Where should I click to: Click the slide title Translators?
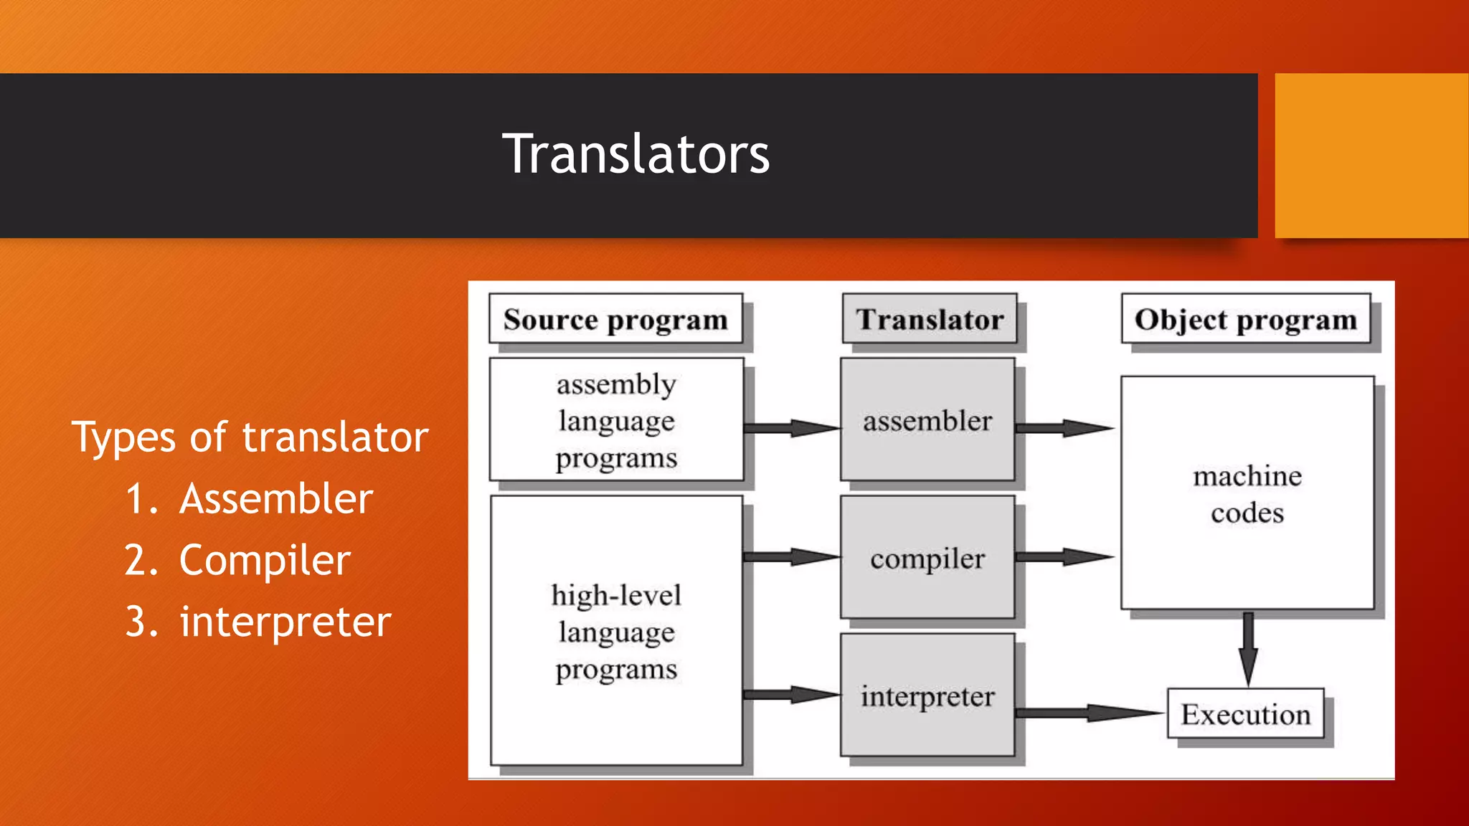coord(636,154)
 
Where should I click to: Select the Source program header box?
coord(615,319)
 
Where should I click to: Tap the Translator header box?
coord(930,319)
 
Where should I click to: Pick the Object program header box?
coord(1246,319)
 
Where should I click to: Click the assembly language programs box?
coord(616,420)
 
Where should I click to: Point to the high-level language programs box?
coord(616,631)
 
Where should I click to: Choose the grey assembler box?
coord(927,420)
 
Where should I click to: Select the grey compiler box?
coord(927,558)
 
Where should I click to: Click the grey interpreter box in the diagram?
coord(927,696)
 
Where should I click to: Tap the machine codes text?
coord(1247,494)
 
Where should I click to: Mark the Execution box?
coord(1246,714)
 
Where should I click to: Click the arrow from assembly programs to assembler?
coord(792,428)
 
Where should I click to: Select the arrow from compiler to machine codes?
coord(1064,557)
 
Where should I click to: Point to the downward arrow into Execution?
coord(1248,649)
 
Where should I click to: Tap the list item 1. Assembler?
coord(249,498)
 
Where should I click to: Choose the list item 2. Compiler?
coord(237,560)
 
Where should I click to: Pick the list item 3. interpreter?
coord(258,622)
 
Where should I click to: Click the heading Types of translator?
coord(250,437)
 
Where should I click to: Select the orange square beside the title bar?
coord(1371,156)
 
